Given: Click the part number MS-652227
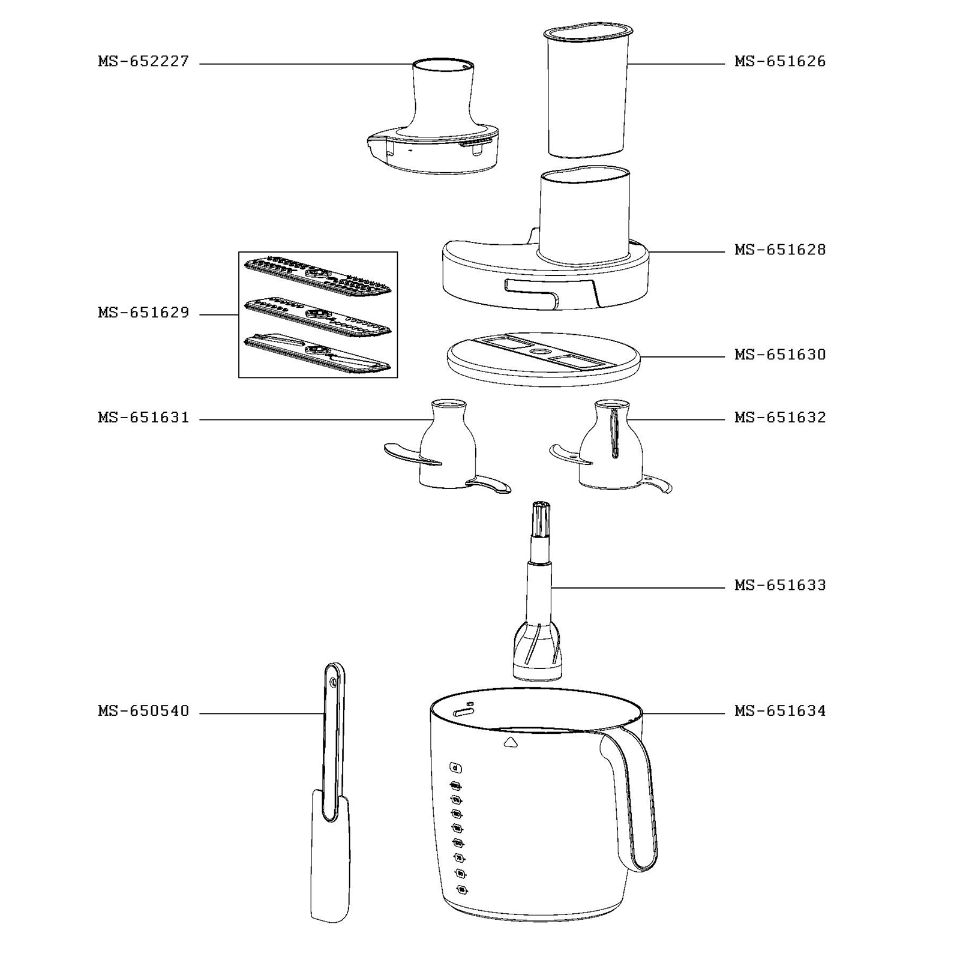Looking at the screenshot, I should click(143, 61).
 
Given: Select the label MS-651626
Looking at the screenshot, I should click(780, 61).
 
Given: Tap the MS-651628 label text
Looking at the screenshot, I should click(780, 250).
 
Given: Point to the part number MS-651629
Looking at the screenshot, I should click(143, 313).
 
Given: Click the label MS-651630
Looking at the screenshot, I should click(780, 355).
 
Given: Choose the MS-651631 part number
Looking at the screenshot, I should click(143, 418).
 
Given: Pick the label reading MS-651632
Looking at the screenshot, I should click(780, 418).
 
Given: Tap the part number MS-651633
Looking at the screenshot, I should click(780, 585).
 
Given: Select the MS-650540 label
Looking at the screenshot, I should click(143, 711).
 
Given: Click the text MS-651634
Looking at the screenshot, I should click(780, 711).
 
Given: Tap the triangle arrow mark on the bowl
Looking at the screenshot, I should click(511, 742).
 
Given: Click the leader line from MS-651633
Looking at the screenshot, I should click(636, 587).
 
